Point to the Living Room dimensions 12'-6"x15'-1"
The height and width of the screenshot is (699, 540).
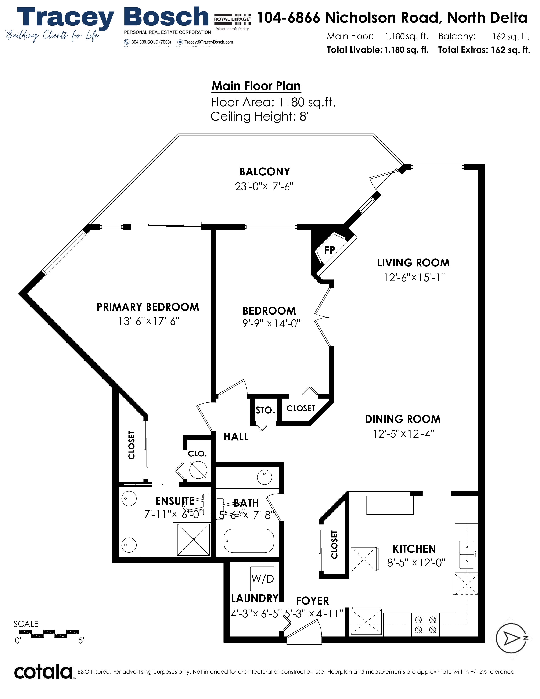coord(414,277)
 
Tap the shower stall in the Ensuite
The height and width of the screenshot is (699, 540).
coord(193,540)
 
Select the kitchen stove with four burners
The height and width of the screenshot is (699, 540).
coord(425,625)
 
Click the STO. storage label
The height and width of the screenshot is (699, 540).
coord(265,410)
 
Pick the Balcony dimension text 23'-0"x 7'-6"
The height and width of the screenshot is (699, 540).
coord(264,186)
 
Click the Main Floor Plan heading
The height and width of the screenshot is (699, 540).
coord(256,86)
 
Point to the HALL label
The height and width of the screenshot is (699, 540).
coord(236,437)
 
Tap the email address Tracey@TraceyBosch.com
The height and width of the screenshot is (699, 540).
coord(209,42)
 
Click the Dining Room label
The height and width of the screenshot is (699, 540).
coord(403,419)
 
